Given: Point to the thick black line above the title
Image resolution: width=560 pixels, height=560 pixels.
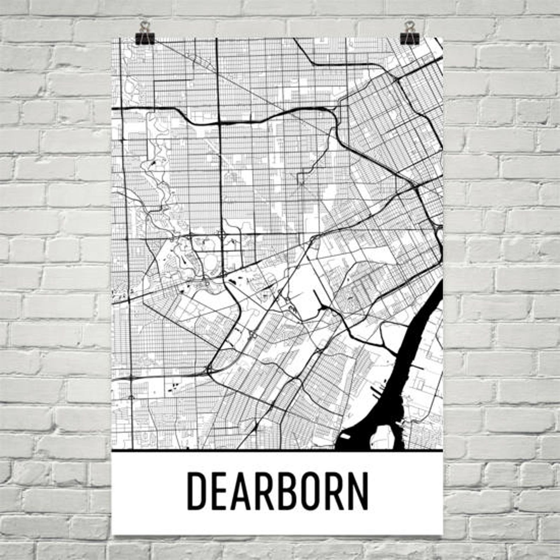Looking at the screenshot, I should (277, 451).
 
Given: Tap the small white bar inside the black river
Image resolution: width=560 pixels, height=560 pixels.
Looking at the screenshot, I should (345, 437).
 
